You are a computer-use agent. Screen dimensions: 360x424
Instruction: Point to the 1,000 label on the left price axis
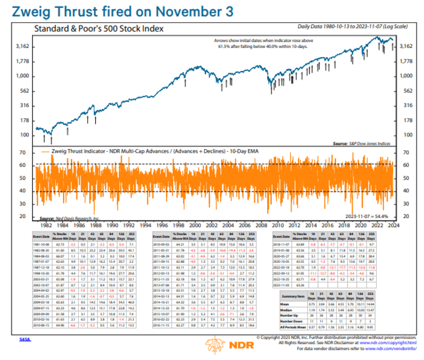point(22,76)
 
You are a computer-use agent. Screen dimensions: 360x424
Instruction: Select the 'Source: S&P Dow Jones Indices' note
point(362,143)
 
